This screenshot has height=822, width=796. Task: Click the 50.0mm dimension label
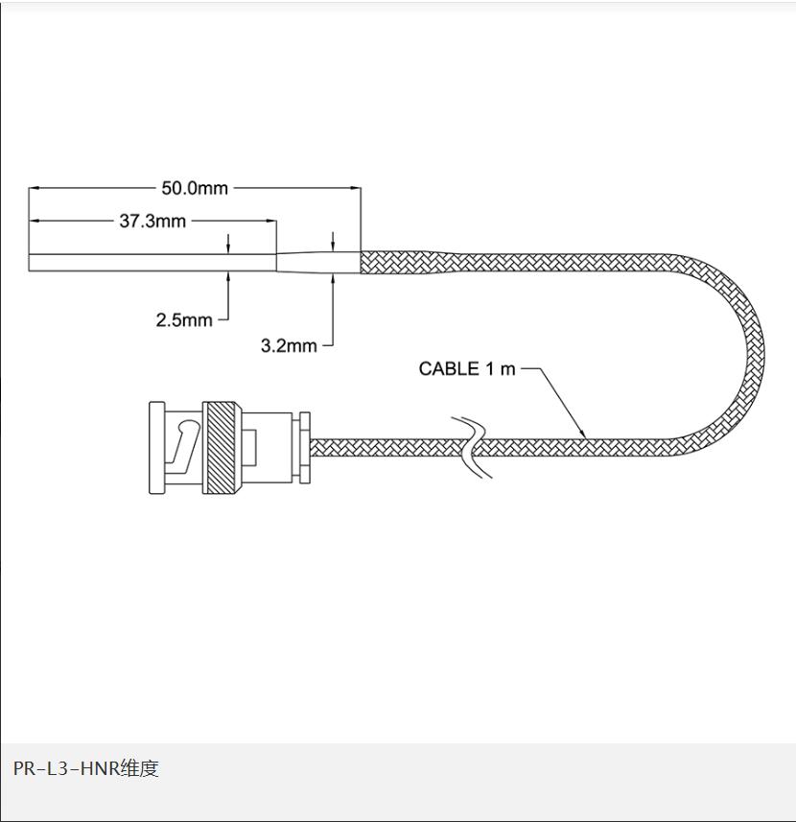(x=195, y=188)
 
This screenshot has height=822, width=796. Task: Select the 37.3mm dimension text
(x=152, y=222)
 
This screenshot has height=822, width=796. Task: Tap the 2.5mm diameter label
(x=184, y=319)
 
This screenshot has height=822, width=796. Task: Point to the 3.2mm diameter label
(x=289, y=345)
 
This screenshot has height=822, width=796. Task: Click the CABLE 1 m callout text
(x=467, y=369)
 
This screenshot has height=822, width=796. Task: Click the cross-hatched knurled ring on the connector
(x=222, y=448)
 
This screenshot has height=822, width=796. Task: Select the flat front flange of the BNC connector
(x=155, y=448)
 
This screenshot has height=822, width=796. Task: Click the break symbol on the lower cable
(x=472, y=447)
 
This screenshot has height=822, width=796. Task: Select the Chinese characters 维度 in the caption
(x=139, y=768)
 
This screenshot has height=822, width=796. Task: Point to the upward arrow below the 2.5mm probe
(x=229, y=277)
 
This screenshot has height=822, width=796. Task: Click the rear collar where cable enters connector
(x=304, y=448)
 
